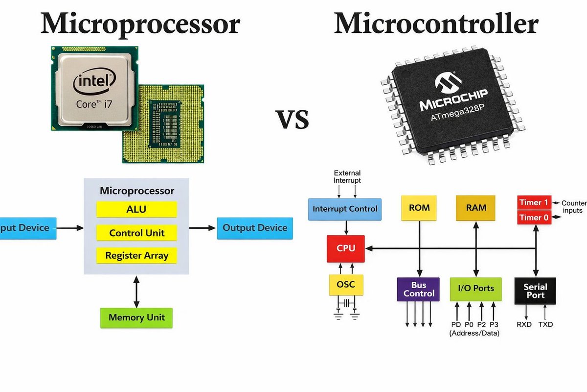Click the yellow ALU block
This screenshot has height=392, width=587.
click(136, 209)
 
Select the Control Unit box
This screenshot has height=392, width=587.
click(136, 233)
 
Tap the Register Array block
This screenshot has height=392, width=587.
click(136, 255)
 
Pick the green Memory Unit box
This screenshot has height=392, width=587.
click(136, 318)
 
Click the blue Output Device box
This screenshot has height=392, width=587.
click(255, 228)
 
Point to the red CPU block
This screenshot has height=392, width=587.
click(346, 248)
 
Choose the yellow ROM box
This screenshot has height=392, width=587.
click(419, 208)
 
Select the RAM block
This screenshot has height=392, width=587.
click(475, 208)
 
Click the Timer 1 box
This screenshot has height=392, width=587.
click(534, 202)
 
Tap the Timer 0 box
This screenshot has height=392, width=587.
click(534, 218)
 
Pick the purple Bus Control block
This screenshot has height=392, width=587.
click(418, 289)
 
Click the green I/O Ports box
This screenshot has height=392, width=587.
click(476, 289)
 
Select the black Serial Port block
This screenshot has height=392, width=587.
click(535, 291)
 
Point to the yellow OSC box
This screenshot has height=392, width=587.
click(346, 285)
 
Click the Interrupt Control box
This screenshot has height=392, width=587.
click(345, 209)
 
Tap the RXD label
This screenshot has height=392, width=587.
click(524, 324)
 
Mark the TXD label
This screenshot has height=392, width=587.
click(545, 324)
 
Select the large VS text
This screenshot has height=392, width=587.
click(292, 120)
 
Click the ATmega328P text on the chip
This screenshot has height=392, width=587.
click(457, 113)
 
